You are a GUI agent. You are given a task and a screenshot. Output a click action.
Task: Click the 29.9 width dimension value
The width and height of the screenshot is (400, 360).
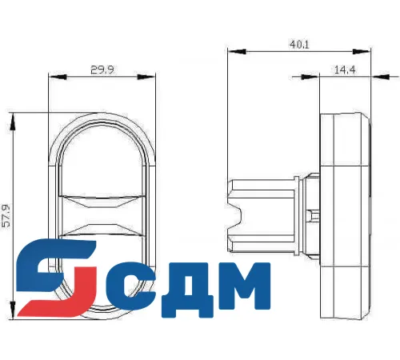click(102, 70)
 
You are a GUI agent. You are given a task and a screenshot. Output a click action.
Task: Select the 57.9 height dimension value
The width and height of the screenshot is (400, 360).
click(7, 216)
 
